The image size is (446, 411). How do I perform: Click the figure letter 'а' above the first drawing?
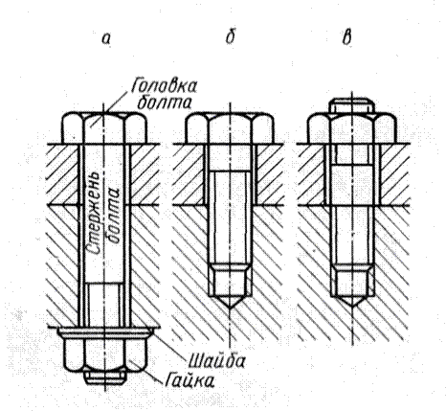[x=106, y=39]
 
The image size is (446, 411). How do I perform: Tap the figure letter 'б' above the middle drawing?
[x=230, y=36]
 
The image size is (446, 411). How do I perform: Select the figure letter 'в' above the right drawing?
[x=346, y=38]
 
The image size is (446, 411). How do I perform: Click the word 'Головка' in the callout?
[x=164, y=85]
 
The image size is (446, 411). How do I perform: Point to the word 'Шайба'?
[x=216, y=361]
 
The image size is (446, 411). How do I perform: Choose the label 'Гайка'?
[x=190, y=380]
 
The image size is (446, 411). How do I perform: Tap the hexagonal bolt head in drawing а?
[x=104, y=127]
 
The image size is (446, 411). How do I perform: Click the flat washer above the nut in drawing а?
[x=105, y=332]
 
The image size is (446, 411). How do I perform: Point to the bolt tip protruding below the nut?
[x=104, y=377]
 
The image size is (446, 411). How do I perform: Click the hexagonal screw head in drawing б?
[x=230, y=127]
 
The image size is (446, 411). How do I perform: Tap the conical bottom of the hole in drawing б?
[x=230, y=301]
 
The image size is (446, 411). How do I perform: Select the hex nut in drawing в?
[x=352, y=127]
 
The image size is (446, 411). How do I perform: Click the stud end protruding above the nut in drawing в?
[x=352, y=105]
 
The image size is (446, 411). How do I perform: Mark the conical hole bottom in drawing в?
[x=352, y=301]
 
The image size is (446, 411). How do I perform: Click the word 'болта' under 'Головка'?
[x=165, y=103]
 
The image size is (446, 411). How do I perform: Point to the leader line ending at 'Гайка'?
[x=145, y=370]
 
